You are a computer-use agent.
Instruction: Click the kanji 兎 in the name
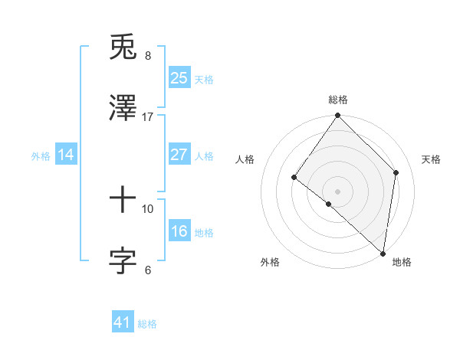(123, 48)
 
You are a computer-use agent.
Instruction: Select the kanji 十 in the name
(123, 201)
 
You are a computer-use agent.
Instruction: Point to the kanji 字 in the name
(123, 261)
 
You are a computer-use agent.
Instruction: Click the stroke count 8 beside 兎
(148, 56)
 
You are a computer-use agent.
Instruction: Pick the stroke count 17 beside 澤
(147, 116)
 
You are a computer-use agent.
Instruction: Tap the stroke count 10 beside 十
(147, 208)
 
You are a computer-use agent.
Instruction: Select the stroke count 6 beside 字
(148, 270)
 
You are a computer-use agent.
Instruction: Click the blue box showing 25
(179, 77)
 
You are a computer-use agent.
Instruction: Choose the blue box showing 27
(179, 155)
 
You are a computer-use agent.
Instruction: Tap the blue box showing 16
(179, 231)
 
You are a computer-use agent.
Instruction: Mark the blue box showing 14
(66, 155)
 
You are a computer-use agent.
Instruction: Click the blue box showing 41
(123, 322)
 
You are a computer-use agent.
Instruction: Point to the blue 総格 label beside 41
(147, 324)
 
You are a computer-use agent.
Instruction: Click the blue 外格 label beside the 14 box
(41, 156)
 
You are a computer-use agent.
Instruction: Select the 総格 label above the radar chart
(338, 100)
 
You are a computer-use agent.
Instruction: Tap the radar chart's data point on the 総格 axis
(337, 116)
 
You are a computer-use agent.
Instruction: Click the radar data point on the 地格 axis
(383, 253)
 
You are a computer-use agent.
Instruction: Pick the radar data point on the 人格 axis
(294, 178)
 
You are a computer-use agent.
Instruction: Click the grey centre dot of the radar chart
(337, 191)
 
